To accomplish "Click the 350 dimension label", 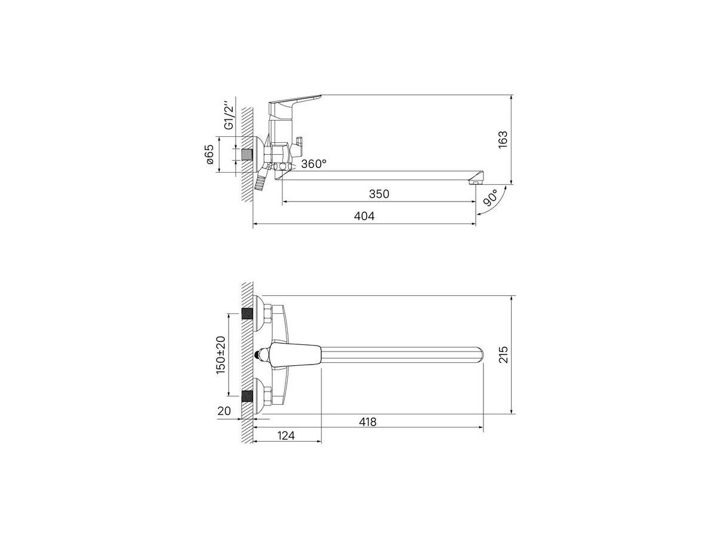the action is pyautogui.click(x=379, y=194).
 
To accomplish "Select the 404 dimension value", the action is pyautogui.click(x=364, y=216).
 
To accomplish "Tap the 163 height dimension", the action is pyautogui.click(x=503, y=139).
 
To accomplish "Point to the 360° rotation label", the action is pyautogui.click(x=314, y=164).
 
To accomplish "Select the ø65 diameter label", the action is pyautogui.click(x=209, y=154).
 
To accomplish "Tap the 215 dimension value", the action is pyautogui.click(x=503, y=354).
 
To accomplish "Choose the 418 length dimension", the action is pyautogui.click(x=367, y=421).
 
